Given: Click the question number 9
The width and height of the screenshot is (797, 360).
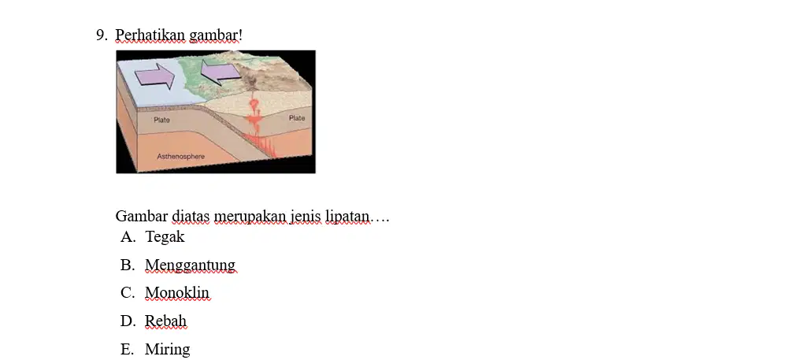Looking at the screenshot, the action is pyautogui.click(x=101, y=35).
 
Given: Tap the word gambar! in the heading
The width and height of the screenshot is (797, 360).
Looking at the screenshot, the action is pyautogui.click(x=216, y=35).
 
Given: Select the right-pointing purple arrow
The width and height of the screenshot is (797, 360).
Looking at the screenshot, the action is pyautogui.click(x=155, y=76).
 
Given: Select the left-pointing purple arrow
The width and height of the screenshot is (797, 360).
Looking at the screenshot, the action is pyautogui.click(x=221, y=72).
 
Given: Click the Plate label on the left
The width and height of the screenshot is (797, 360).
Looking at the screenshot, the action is pyautogui.click(x=161, y=120).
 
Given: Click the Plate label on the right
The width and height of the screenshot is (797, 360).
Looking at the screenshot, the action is pyautogui.click(x=297, y=118).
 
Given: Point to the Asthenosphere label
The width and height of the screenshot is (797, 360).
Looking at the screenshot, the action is pyautogui.click(x=181, y=156).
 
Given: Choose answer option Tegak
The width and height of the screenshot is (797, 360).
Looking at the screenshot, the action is pyautogui.click(x=165, y=237).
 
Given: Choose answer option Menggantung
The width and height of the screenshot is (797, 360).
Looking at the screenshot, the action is pyautogui.click(x=190, y=265).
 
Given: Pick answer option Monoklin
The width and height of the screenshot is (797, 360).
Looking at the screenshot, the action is pyautogui.click(x=177, y=293).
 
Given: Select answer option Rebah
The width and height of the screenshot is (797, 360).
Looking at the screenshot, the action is pyautogui.click(x=165, y=321).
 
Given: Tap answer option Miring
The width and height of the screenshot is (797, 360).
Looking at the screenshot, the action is pyautogui.click(x=167, y=349).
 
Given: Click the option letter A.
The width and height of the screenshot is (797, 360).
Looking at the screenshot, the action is pyautogui.click(x=128, y=237).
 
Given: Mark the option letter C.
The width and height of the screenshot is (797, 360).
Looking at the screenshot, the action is pyautogui.click(x=128, y=293).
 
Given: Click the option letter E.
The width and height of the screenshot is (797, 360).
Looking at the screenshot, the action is pyautogui.click(x=127, y=349).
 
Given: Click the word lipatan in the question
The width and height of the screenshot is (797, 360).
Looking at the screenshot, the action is pyautogui.click(x=347, y=217).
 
